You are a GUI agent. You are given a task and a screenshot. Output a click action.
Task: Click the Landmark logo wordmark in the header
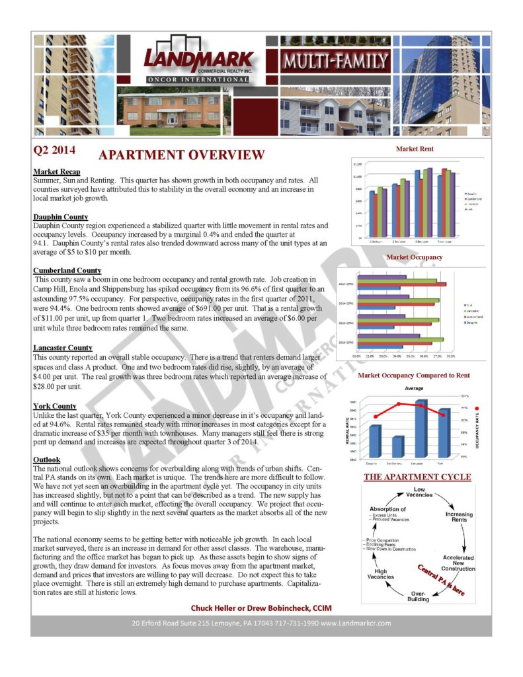coord(198,58)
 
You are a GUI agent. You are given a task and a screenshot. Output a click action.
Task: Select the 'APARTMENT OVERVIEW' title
coord(181,156)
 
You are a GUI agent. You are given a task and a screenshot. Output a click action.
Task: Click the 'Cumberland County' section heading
coord(67,270)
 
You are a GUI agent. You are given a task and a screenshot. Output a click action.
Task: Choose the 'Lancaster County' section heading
coord(62,348)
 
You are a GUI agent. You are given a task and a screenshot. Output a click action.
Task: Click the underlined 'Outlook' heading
coord(46,459)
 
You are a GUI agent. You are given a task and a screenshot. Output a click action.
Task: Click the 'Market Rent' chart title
coord(415,149)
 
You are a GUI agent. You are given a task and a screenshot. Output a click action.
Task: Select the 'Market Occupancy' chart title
coord(415,257)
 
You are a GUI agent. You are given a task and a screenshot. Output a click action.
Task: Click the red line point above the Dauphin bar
coord(376,417)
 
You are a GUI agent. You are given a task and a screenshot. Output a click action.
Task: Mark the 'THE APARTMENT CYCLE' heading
coord(417,477)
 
